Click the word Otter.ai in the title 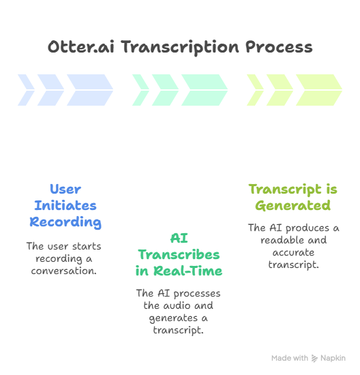point(81,46)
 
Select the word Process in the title point(279,47)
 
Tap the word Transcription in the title point(180,48)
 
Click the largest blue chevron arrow point(90,90)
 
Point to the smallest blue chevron point(26,90)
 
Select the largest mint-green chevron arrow point(205,90)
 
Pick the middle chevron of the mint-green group point(165,90)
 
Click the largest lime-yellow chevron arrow point(319,90)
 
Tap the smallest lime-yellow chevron point(255,90)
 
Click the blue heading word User point(65,189)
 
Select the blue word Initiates point(65,205)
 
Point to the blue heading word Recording point(65,222)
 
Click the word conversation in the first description point(63,271)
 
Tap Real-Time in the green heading point(187,271)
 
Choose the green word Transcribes point(179,254)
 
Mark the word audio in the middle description point(178,305)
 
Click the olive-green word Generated point(293,205)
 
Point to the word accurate point(293,252)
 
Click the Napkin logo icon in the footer point(314,358)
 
